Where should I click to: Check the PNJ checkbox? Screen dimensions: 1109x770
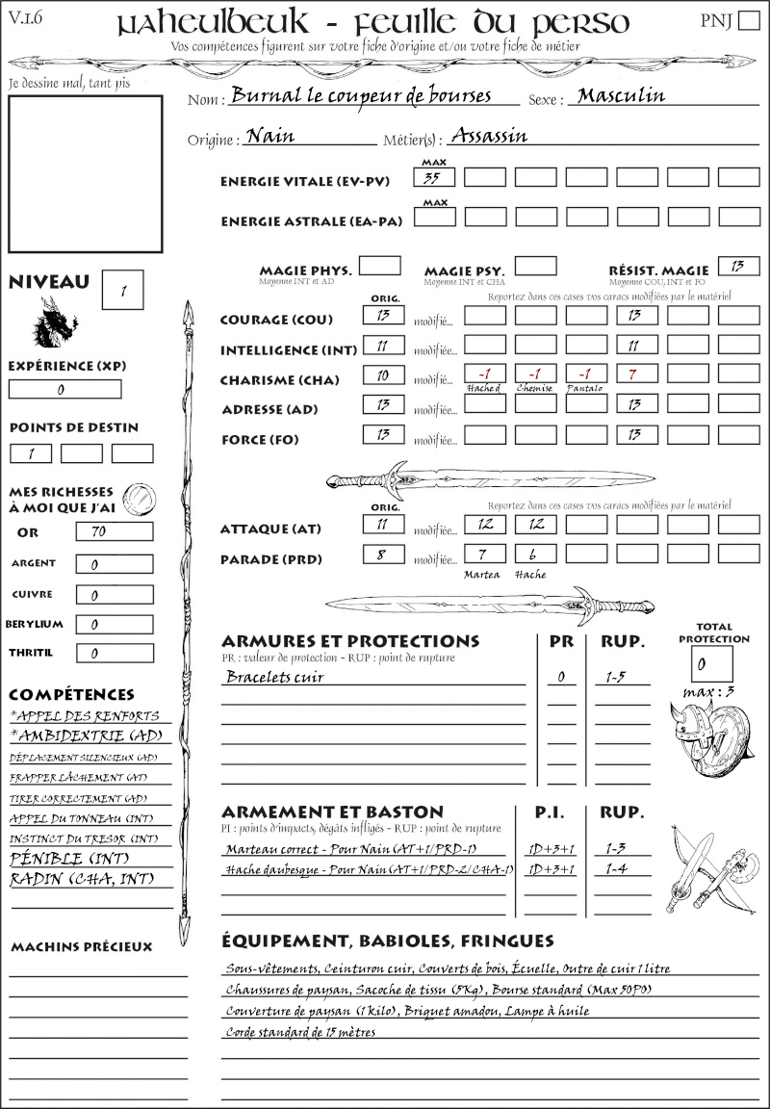(747, 22)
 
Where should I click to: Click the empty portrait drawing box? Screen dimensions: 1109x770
(85, 173)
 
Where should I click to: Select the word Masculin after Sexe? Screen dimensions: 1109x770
(622, 96)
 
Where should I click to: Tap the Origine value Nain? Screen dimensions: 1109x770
(270, 138)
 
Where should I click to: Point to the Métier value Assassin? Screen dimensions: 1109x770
(489, 137)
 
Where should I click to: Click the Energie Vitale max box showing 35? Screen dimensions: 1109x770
(434, 177)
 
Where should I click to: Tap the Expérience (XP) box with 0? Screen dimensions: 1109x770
(64, 390)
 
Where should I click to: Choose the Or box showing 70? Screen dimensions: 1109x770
(114, 531)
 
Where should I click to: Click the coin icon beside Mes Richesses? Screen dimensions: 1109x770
(140, 498)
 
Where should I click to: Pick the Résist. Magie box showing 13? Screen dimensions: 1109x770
(738, 266)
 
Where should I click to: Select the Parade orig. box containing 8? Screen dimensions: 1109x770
(383, 554)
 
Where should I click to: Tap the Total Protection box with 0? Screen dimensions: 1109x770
(711, 664)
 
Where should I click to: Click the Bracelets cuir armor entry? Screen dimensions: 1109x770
(275, 677)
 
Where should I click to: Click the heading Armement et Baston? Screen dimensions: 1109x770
(332, 812)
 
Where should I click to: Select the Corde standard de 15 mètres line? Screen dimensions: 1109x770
(300, 1032)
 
